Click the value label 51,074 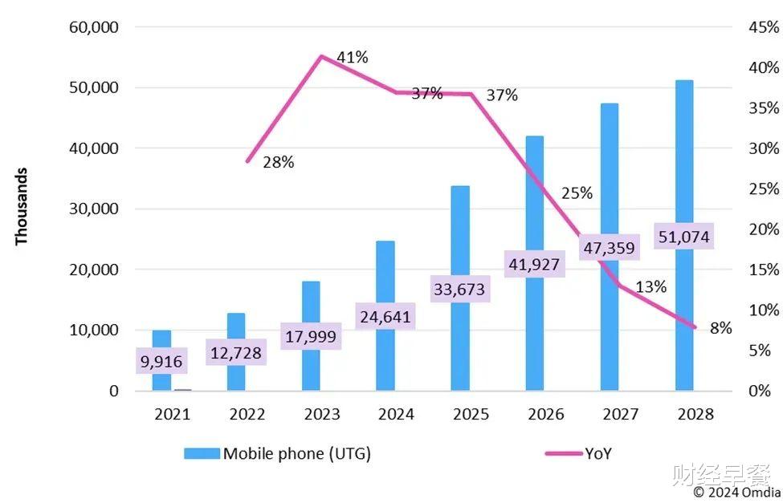click(x=683, y=237)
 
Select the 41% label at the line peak click(x=352, y=57)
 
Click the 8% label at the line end click(x=720, y=327)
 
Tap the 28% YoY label click(x=278, y=163)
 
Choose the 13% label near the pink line click(x=650, y=287)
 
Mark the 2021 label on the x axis click(x=172, y=415)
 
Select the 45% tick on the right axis click(x=764, y=27)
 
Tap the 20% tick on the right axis click(x=764, y=229)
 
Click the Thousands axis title click(x=22, y=206)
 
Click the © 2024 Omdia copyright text click(x=736, y=491)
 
